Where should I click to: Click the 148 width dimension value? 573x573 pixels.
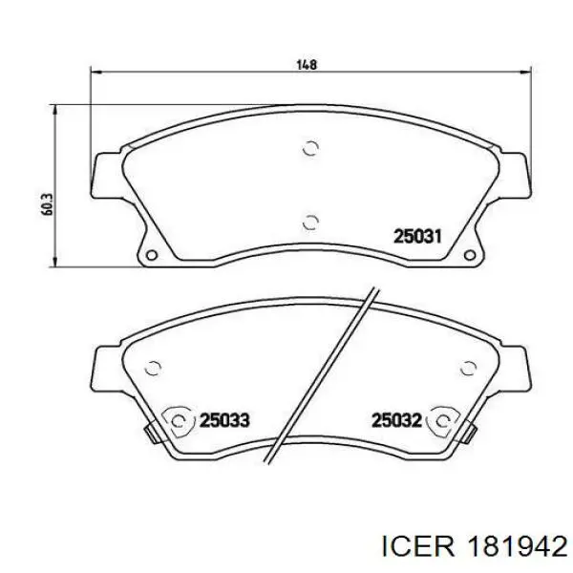(x=307, y=65)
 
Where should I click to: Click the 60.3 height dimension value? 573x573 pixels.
(x=48, y=204)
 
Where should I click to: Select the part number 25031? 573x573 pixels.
(x=417, y=236)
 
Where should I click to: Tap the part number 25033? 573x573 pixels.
(x=224, y=420)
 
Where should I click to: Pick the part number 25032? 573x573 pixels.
(x=396, y=420)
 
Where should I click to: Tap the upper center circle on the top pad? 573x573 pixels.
(x=311, y=148)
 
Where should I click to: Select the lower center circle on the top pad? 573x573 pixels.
(x=311, y=222)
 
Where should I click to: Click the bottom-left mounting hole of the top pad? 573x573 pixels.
(x=151, y=255)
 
